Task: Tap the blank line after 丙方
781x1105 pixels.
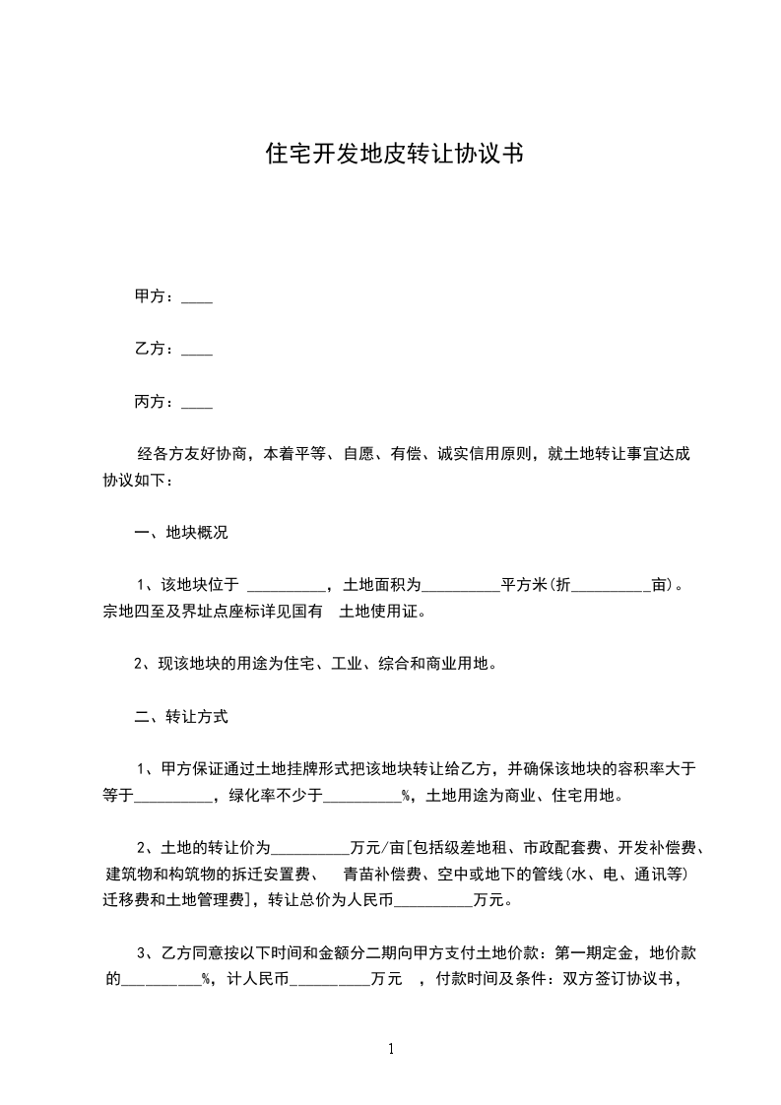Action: point(198,403)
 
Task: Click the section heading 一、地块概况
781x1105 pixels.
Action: point(181,533)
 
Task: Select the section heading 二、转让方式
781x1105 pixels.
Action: point(181,716)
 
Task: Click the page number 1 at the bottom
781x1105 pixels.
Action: point(392,1049)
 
